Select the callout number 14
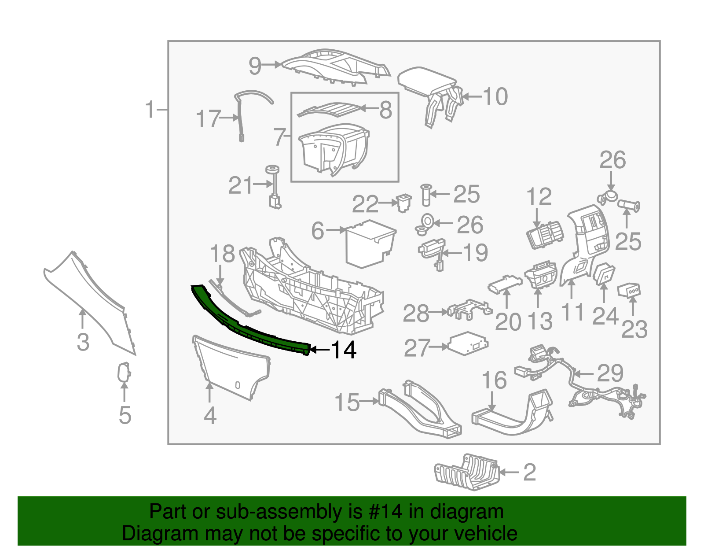tap(343, 350)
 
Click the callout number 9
tap(255, 66)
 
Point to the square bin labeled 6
tap(371, 244)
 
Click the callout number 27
tap(418, 348)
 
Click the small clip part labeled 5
tap(124, 372)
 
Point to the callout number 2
tap(529, 472)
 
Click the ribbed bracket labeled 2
tap(466, 472)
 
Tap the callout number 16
tap(494, 380)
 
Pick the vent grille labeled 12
tap(545, 235)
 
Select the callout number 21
tap(240, 185)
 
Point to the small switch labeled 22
tap(403, 203)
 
